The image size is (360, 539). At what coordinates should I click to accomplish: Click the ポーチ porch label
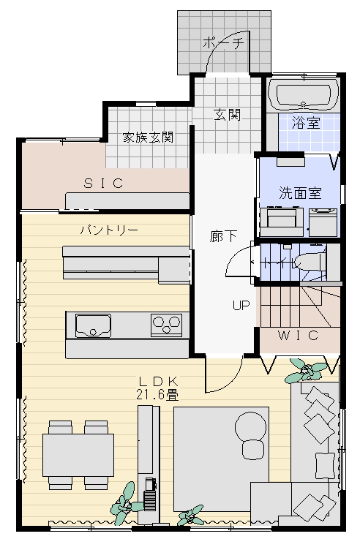click(x=223, y=43)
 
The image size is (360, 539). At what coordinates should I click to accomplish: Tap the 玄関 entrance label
click(x=227, y=115)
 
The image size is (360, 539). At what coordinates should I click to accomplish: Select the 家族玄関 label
click(x=149, y=137)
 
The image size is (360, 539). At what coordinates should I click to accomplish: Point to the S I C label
click(x=103, y=184)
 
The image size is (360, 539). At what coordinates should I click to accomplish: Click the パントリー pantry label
click(x=109, y=230)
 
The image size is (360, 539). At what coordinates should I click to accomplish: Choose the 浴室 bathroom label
click(x=306, y=122)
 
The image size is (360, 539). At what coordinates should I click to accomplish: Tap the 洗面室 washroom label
click(x=300, y=193)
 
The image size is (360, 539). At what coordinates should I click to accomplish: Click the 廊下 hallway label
click(x=223, y=236)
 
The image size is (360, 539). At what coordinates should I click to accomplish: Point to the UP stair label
click(x=241, y=305)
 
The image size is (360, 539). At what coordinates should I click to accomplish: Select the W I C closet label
click(x=298, y=335)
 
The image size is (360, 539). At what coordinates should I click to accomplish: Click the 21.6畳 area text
click(x=157, y=395)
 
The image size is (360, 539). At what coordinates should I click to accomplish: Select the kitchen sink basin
click(x=93, y=325)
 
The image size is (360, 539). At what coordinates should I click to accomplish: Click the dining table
click(x=78, y=455)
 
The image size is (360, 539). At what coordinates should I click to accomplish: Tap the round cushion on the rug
click(x=250, y=426)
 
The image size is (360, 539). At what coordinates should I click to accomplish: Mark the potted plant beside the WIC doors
click(x=305, y=371)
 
